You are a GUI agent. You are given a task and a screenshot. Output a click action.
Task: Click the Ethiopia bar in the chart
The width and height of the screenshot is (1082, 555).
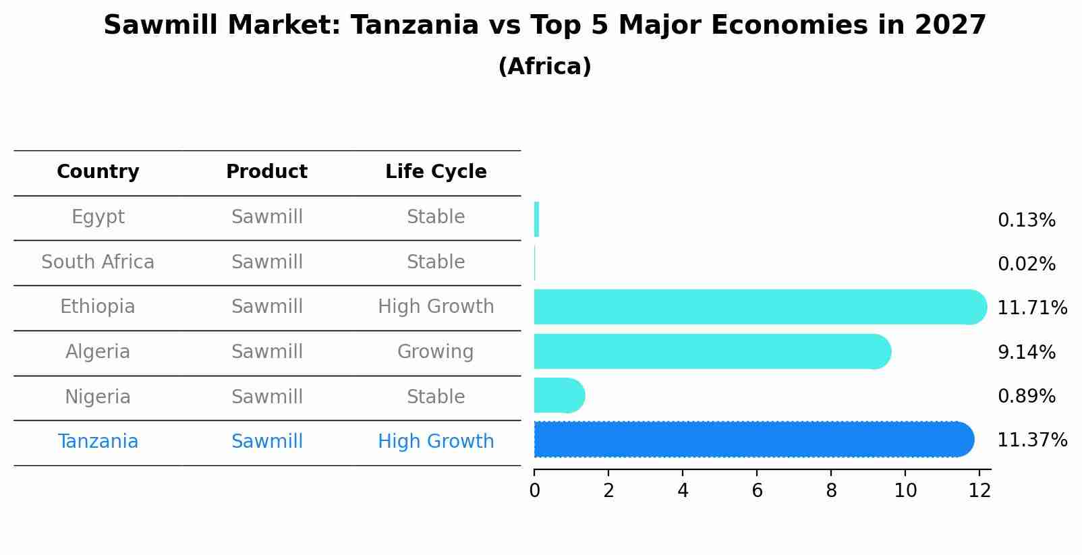[760, 307]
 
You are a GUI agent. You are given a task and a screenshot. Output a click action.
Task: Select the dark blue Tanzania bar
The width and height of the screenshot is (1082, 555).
[754, 439]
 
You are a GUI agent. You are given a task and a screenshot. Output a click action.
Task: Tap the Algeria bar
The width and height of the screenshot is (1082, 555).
[712, 351]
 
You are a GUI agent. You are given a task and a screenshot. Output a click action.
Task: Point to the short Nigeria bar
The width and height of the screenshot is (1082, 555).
[559, 395]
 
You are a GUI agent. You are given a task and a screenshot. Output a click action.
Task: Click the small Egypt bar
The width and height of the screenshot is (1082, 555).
[537, 219]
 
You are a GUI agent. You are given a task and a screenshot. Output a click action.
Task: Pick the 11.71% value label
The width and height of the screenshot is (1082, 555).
[1032, 308]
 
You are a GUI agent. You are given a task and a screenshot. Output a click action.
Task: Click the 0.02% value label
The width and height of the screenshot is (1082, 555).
[1027, 264]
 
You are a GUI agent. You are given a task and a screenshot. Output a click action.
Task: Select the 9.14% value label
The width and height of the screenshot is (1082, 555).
[1027, 352]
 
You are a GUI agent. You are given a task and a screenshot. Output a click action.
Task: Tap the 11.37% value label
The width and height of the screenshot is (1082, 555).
[1032, 440]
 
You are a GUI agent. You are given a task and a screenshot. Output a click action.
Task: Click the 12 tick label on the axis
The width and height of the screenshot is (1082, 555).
[979, 491]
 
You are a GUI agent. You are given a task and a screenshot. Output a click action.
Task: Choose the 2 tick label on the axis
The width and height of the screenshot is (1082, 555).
[608, 491]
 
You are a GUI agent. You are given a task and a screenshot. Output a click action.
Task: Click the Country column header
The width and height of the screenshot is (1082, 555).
[98, 171]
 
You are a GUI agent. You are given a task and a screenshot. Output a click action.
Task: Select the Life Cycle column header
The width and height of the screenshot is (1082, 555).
[436, 171]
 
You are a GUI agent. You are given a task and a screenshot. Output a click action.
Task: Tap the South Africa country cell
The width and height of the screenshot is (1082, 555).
[98, 262]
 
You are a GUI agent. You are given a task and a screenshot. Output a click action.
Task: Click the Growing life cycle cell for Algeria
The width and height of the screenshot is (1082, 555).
[436, 351]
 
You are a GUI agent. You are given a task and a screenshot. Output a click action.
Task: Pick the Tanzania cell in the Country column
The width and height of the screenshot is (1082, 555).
[98, 442]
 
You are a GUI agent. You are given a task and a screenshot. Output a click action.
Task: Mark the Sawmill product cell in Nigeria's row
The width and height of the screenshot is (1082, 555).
[267, 397]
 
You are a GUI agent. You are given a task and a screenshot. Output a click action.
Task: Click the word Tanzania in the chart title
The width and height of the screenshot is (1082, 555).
[415, 25]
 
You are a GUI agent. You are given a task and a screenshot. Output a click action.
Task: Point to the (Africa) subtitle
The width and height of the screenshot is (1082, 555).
[545, 66]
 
